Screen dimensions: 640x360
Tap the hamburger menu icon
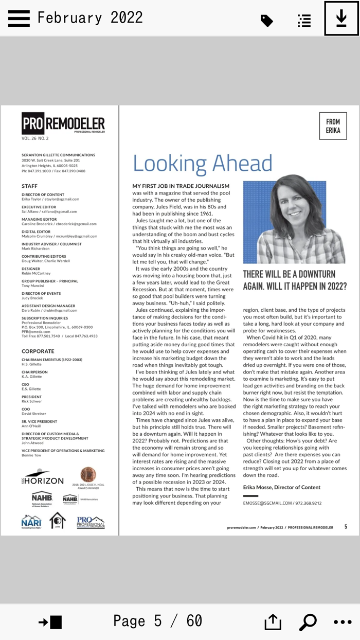(19, 18)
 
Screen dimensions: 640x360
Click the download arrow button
(341, 19)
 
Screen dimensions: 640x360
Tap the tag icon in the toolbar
(266, 21)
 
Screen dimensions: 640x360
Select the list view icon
(304, 21)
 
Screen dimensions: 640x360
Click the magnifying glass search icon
(308, 621)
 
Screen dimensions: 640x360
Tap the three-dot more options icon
(343, 621)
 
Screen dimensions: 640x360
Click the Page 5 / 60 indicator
(157, 621)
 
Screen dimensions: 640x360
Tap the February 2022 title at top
(90, 18)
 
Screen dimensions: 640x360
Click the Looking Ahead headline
(202, 163)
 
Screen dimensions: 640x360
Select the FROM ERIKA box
(333, 126)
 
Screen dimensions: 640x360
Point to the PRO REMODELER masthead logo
(63, 124)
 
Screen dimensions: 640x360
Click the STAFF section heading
(29, 186)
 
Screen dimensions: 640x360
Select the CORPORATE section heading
(38, 351)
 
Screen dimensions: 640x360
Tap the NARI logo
(31, 522)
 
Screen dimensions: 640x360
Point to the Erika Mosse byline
(282, 487)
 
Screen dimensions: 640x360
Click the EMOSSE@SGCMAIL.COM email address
(267, 503)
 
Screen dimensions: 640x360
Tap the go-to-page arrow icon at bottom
(50, 622)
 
